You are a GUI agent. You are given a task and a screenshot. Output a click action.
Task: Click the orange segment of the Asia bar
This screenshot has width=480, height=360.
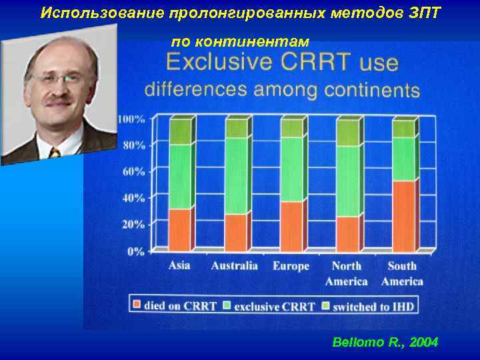(x=179, y=229)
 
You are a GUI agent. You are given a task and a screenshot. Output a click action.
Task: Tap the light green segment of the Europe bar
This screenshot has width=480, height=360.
(x=291, y=169)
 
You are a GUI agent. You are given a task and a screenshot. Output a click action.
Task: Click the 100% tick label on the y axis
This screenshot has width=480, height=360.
(x=131, y=119)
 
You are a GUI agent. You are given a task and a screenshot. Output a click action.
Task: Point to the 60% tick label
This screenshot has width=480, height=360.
(x=133, y=171)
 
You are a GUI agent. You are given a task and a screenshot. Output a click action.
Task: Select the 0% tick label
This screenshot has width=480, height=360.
(x=136, y=251)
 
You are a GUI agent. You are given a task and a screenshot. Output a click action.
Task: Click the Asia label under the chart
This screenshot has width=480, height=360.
(x=179, y=265)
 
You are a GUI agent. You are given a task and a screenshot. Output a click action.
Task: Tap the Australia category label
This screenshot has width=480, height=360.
(x=235, y=266)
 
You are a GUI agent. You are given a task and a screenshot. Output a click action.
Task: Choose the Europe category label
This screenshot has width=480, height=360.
(x=291, y=266)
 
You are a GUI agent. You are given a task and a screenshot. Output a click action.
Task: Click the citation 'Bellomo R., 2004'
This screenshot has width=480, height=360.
(x=385, y=342)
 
